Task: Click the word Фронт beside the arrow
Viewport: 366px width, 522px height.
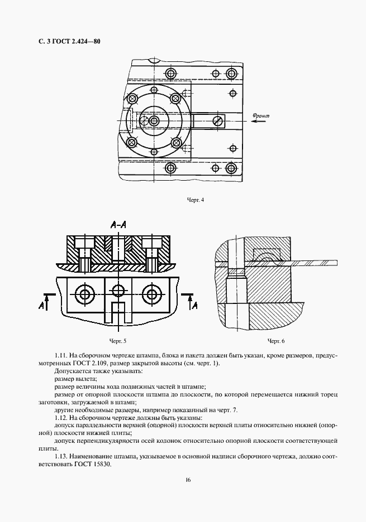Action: pyautogui.click(x=260, y=116)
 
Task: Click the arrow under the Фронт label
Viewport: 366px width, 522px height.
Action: pyautogui.click(x=259, y=122)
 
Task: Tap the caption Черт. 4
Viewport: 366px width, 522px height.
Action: pyautogui.click(x=196, y=200)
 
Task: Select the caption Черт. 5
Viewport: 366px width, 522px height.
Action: pyautogui.click(x=118, y=341)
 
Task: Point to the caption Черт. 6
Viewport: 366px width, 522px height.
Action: pyautogui.click(x=276, y=341)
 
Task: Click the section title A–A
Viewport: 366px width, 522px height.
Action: pyautogui.click(x=118, y=225)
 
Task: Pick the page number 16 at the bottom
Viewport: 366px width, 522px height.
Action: pyautogui.click(x=188, y=480)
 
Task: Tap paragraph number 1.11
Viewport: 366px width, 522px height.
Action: pyautogui.click(x=60, y=356)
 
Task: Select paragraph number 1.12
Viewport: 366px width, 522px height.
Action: pyautogui.click(x=60, y=418)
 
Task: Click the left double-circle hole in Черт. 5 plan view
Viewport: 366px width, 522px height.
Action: pyautogui.click(x=83, y=294)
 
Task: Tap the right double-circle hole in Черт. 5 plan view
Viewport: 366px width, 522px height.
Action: pyautogui.click(x=152, y=294)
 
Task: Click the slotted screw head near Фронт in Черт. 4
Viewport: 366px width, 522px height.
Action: pyautogui.click(x=218, y=120)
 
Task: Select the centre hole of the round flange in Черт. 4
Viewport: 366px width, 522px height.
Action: pyautogui.click(x=154, y=120)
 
